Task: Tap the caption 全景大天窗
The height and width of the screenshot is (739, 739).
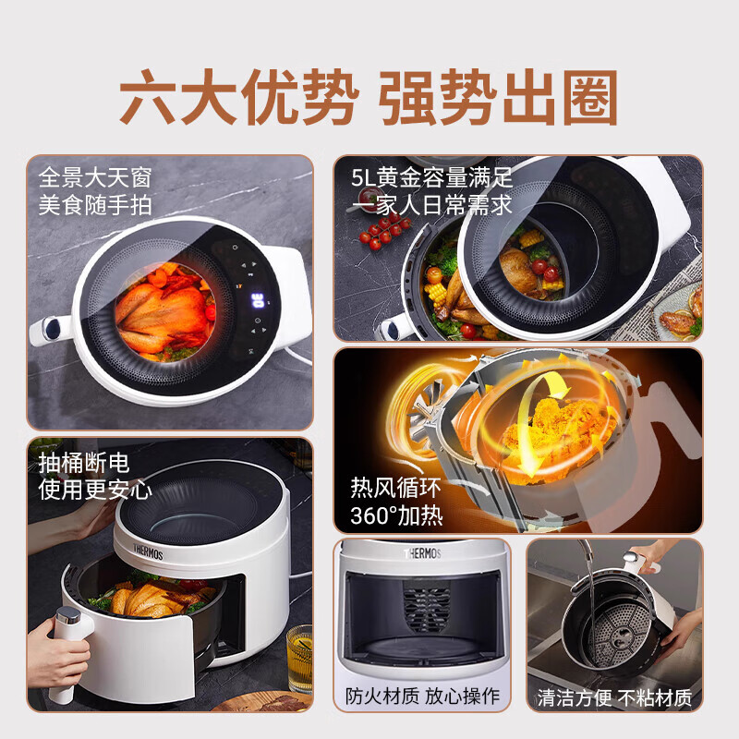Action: (95, 176)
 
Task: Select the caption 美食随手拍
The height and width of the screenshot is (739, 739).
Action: (95, 204)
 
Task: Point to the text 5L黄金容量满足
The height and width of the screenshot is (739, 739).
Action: (432, 176)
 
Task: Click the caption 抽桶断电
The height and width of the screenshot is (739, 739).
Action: (82, 462)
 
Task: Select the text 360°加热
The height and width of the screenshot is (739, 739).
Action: (396, 515)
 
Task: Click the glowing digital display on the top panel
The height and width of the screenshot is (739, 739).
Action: (260, 301)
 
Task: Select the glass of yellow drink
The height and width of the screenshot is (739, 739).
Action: (299, 658)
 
